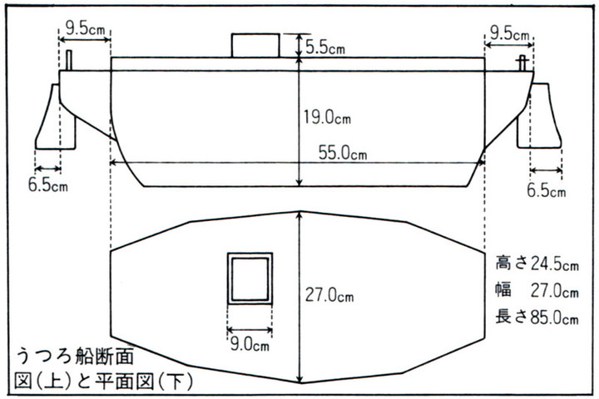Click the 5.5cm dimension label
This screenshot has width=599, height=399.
click(327, 47)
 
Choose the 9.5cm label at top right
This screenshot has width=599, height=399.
click(509, 33)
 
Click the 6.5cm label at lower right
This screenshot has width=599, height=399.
click(546, 190)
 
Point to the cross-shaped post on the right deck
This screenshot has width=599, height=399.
click(522, 62)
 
